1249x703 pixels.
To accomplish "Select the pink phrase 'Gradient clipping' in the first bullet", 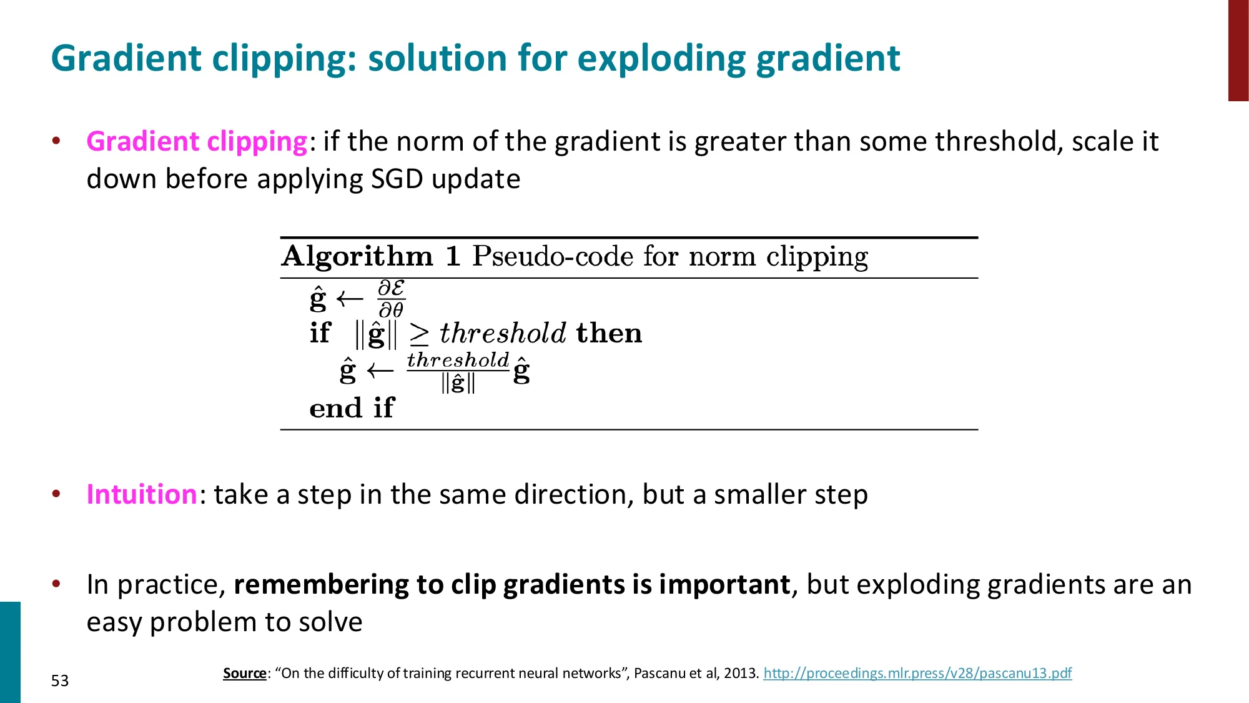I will coord(196,142).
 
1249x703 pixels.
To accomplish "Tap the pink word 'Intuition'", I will coord(142,494).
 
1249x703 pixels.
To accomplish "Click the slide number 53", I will coord(60,681).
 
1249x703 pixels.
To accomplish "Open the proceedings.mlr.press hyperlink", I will coord(917,673).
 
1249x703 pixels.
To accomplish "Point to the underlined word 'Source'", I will coord(244,673).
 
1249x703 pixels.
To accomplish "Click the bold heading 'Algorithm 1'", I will coord(371,256).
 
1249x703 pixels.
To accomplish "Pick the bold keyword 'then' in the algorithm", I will coord(609,333).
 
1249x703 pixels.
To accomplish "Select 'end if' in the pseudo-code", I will coord(352,408).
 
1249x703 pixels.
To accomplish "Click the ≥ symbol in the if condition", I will coord(419,334).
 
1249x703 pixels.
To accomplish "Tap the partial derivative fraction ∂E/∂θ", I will coord(392,299).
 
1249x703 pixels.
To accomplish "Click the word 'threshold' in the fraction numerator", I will coord(458,360).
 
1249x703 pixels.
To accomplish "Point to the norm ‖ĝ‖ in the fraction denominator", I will coord(458,382).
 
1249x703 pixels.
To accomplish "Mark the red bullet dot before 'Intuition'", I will coord(56,494).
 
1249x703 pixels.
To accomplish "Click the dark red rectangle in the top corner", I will coord(1238,50).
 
